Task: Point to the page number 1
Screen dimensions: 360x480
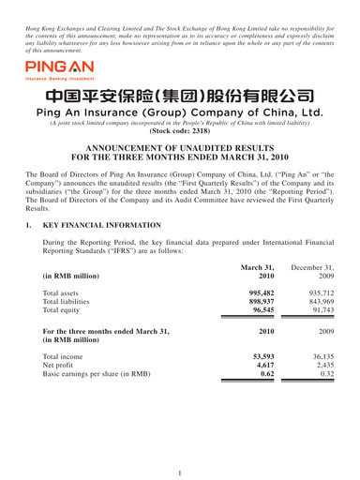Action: coord(180,465)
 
